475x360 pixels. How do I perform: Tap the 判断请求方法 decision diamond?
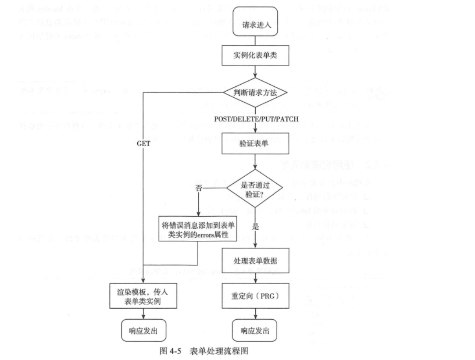(x=255, y=93)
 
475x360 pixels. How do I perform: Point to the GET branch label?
(x=144, y=143)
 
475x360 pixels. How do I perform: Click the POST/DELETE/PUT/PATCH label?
(x=257, y=119)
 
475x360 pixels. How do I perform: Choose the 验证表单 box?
(x=255, y=143)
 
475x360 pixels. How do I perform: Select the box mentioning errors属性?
(x=197, y=230)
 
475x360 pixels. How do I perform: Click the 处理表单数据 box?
(x=255, y=261)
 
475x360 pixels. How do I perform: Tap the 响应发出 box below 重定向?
(x=255, y=331)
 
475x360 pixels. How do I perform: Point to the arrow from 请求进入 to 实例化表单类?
(x=255, y=42)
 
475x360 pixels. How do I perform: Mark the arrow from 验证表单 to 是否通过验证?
(x=255, y=162)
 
